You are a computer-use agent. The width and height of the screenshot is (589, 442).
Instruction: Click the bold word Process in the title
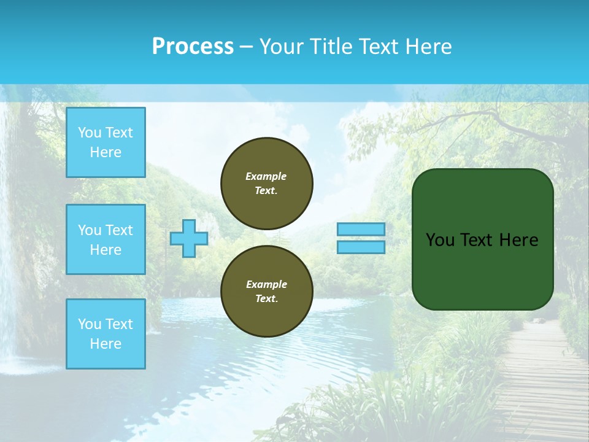pos(193,47)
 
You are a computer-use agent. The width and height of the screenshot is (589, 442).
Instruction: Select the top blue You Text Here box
pos(106,142)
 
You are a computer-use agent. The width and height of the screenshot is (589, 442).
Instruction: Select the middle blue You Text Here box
pos(106,239)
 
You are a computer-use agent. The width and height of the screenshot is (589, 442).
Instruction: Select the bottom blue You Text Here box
pos(106,334)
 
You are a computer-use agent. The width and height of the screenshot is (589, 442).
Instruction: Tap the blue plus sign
pos(188,238)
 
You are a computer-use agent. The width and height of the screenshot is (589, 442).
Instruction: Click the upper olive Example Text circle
pos(266,183)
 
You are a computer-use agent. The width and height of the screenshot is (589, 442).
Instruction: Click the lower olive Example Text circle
pos(266,291)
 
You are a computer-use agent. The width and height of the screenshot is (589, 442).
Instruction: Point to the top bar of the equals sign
pos(361,229)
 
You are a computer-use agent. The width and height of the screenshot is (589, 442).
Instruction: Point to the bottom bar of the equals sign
pos(361,247)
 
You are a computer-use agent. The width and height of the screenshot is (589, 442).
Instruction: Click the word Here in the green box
pos(518,240)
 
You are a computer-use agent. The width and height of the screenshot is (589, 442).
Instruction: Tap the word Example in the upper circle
pos(266,176)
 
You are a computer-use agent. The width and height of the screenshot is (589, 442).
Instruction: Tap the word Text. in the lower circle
pos(266,299)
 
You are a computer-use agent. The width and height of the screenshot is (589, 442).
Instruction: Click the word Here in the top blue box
pos(106,152)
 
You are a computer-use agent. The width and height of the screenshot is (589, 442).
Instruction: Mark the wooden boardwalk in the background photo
pos(540,381)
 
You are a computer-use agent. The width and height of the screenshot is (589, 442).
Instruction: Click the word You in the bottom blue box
pos(90,324)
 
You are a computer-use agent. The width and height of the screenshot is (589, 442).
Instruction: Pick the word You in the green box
pos(439,240)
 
